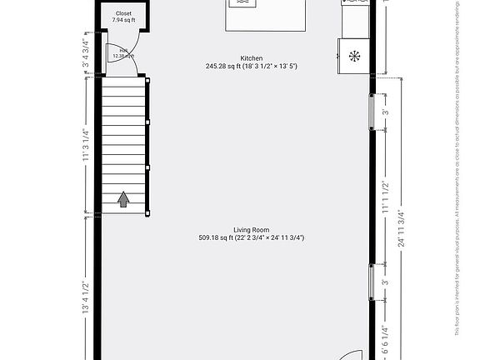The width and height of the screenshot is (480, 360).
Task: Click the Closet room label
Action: (x=123, y=13)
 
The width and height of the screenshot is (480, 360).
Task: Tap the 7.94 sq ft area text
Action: (x=123, y=20)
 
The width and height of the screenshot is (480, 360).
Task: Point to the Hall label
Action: (x=122, y=51)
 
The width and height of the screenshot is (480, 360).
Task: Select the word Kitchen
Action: (x=252, y=58)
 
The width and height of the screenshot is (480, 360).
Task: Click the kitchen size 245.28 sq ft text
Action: (x=252, y=66)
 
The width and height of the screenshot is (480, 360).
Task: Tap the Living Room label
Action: (x=251, y=229)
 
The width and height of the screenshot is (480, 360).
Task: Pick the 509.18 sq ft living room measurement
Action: (x=251, y=237)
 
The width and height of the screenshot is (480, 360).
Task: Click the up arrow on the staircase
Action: (x=123, y=198)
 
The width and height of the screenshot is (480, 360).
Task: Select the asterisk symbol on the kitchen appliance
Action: (x=355, y=56)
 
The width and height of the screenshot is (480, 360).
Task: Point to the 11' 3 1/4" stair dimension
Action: (x=86, y=147)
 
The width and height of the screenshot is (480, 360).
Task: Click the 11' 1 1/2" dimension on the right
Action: (x=384, y=199)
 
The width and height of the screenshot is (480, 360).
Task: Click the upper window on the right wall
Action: (x=372, y=112)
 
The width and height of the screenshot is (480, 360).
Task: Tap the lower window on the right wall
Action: (x=372, y=282)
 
